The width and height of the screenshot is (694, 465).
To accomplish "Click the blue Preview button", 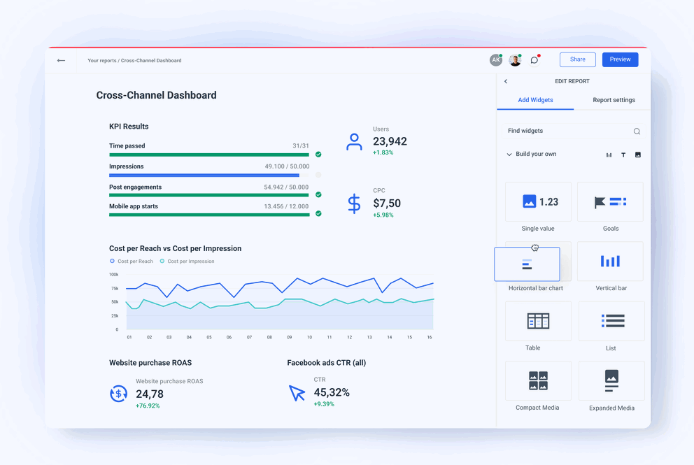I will click(x=620, y=59).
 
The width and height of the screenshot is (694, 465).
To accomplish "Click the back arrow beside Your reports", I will click(x=61, y=61).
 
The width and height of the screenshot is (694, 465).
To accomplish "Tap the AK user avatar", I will click(x=495, y=60).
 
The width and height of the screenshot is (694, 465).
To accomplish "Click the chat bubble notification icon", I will click(x=534, y=60).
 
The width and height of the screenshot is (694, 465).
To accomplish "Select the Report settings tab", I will click(x=614, y=100).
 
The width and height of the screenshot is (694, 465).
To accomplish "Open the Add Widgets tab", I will click(x=535, y=100).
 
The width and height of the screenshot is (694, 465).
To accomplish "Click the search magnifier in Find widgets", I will click(x=637, y=131).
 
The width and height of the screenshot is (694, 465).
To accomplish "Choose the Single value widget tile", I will click(x=538, y=202).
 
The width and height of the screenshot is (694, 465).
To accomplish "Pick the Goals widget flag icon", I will click(x=600, y=202).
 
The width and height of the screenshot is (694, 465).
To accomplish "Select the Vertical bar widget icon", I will click(x=610, y=262).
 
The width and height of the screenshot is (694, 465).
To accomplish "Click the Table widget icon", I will click(x=538, y=321).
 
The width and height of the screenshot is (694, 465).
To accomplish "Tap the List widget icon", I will click(x=612, y=321).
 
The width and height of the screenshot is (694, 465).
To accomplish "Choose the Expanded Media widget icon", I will click(x=611, y=380).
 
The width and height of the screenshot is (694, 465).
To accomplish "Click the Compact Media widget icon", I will click(x=538, y=380).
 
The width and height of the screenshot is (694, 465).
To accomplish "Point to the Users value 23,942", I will click(x=390, y=141).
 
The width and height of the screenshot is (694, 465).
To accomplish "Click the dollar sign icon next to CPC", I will click(x=354, y=203).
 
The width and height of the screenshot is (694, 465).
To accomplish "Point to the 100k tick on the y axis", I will click(x=113, y=275).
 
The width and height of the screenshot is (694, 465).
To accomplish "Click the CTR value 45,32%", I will click(x=332, y=392).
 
